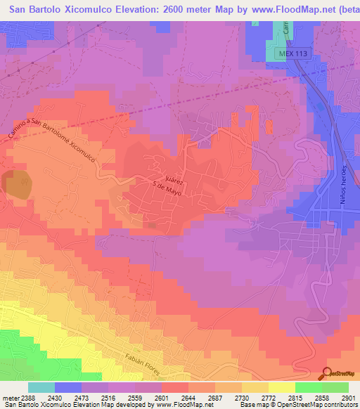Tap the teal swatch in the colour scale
coord(41,387)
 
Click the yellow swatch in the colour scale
coord(281,387)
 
